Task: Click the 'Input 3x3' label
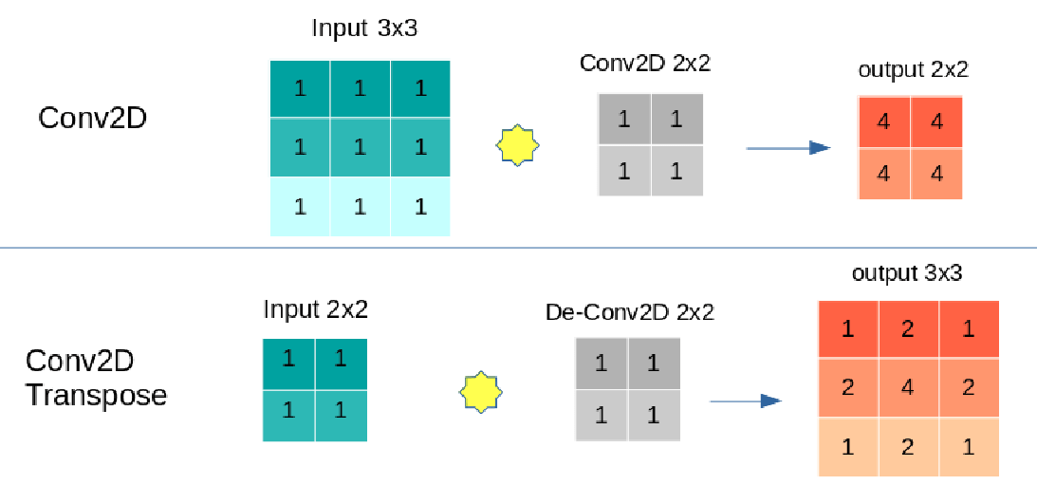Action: coord(364,28)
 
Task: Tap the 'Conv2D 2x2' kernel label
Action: coord(645,65)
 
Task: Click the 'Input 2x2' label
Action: coord(315,309)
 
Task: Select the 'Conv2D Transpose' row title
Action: coord(96,378)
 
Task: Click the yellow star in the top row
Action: coord(518,147)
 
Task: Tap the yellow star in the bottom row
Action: coord(481,391)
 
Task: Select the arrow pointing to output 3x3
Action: coord(745,401)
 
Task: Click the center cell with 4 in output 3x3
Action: coord(908,388)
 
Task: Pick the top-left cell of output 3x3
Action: coord(847,329)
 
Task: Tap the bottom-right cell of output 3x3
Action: coord(969,447)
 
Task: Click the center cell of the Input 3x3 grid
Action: coord(360,147)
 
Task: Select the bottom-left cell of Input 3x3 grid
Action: coord(300,206)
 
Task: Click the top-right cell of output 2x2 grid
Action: coord(936,121)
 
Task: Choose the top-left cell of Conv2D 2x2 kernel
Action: coord(623,120)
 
